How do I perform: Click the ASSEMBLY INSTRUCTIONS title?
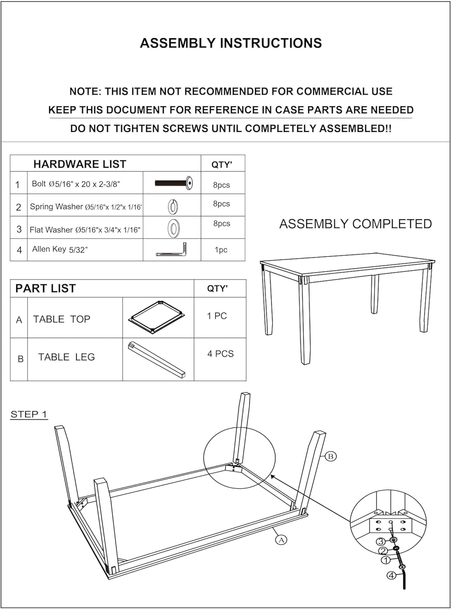click(x=231, y=43)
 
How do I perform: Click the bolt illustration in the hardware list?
click(x=174, y=183)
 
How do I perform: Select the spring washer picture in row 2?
click(x=173, y=207)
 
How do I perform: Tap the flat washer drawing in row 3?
click(x=174, y=228)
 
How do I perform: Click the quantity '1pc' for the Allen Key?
click(x=221, y=250)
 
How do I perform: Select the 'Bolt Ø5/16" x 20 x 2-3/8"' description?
click(x=76, y=184)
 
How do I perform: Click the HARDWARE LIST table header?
click(x=80, y=164)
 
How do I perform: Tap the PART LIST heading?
click(x=45, y=288)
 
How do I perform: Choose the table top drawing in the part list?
click(x=157, y=317)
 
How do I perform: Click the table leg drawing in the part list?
click(x=157, y=359)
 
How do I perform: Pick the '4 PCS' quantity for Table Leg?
click(x=220, y=354)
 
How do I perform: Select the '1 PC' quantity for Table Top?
click(x=217, y=316)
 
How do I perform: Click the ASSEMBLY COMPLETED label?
click(x=355, y=224)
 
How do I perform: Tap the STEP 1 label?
click(x=29, y=414)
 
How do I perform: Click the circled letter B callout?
click(x=331, y=456)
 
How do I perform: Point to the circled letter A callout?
click(x=281, y=540)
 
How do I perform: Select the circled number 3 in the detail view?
click(x=381, y=542)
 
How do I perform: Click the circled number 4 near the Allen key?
click(x=391, y=575)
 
